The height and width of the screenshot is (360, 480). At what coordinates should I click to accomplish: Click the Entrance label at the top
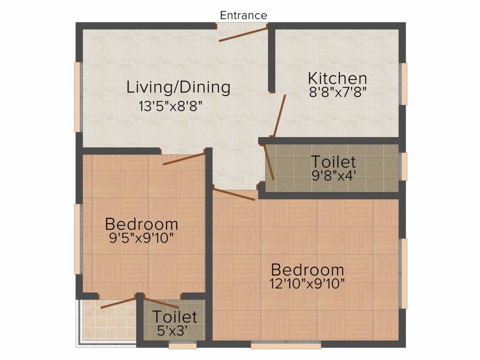pyautogui.click(x=243, y=15)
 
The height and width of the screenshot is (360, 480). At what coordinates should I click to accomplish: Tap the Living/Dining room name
pyautogui.click(x=179, y=87)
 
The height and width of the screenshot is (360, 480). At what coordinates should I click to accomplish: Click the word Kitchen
pyautogui.click(x=337, y=78)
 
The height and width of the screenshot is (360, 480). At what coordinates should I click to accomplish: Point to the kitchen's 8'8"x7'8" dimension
pyautogui.click(x=337, y=91)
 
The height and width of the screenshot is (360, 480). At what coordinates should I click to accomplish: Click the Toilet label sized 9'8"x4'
pyautogui.click(x=334, y=162)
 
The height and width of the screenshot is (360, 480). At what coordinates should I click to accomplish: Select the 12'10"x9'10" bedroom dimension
pyautogui.click(x=307, y=283)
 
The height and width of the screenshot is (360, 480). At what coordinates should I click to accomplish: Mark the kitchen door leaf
pyautogui.click(x=280, y=115)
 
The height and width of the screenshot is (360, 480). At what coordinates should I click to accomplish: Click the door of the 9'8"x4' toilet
pyautogui.click(x=270, y=162)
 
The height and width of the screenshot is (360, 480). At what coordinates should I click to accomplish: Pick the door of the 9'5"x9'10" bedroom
pyautogui.click(x=184, y=158)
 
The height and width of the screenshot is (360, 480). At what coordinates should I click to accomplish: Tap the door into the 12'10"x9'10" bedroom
pyautogui.click(x=234, y=194)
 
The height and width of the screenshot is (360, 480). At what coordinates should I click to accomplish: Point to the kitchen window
pyautogui.click(x=404, y=83)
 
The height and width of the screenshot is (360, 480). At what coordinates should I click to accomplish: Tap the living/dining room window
pyautogui.click(x=77, y=97)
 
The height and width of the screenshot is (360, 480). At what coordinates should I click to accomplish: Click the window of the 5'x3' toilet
pyautogui.click(x=182, y=345)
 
